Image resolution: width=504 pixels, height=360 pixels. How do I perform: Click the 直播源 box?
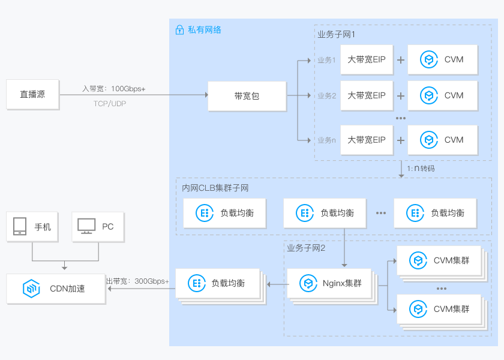(x=32, y=95)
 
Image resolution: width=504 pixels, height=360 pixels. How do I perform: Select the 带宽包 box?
(x=247, y=95)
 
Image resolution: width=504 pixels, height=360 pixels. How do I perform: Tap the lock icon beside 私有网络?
(x=179, y=30)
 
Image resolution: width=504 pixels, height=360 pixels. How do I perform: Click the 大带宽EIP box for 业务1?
(x=366, y=59)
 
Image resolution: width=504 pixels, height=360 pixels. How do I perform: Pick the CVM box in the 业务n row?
(x=442, y=140)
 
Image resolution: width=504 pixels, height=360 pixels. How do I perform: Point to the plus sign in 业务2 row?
(x=400, y=95)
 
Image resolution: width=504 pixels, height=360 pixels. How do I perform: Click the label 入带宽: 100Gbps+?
(x=114, y=89)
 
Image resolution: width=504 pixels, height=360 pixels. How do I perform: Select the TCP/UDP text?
(x=110, y=104)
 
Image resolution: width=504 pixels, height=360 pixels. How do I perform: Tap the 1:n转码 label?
(x=421, y=169)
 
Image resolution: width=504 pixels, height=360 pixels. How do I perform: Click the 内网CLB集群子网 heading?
(x=215, y=188)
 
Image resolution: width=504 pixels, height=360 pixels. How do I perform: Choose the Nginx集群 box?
(x=329, y=283)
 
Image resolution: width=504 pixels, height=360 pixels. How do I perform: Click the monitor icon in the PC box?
(x=86, y=227)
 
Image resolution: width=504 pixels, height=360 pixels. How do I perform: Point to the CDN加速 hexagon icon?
(x=31, y=289)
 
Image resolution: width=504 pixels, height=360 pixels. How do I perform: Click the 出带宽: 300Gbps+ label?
(x=138, y=281)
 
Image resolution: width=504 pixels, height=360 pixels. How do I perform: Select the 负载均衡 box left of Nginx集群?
(x=219, y=283)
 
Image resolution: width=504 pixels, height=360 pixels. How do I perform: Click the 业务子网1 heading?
(x=337, y=34)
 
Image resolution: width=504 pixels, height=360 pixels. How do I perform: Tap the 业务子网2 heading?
(x=306, y=248)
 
